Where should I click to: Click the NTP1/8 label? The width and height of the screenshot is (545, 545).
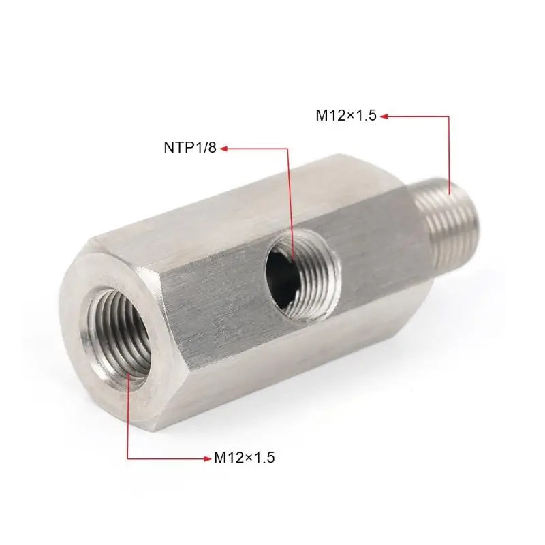tap(190, 147)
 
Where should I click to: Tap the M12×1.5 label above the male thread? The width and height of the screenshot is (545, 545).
tap(345, 116)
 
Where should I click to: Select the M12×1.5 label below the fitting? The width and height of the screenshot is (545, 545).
tap(244, 458)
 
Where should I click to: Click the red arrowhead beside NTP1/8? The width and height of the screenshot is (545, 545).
tap(222, 147)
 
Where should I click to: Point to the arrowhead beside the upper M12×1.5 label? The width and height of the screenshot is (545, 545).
tap(384, 116)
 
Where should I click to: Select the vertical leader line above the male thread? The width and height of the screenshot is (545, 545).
tap(449, 150)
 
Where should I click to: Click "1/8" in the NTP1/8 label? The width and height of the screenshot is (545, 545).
tap(206, 147)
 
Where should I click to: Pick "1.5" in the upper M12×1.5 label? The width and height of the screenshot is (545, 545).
tap(365, 116)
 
